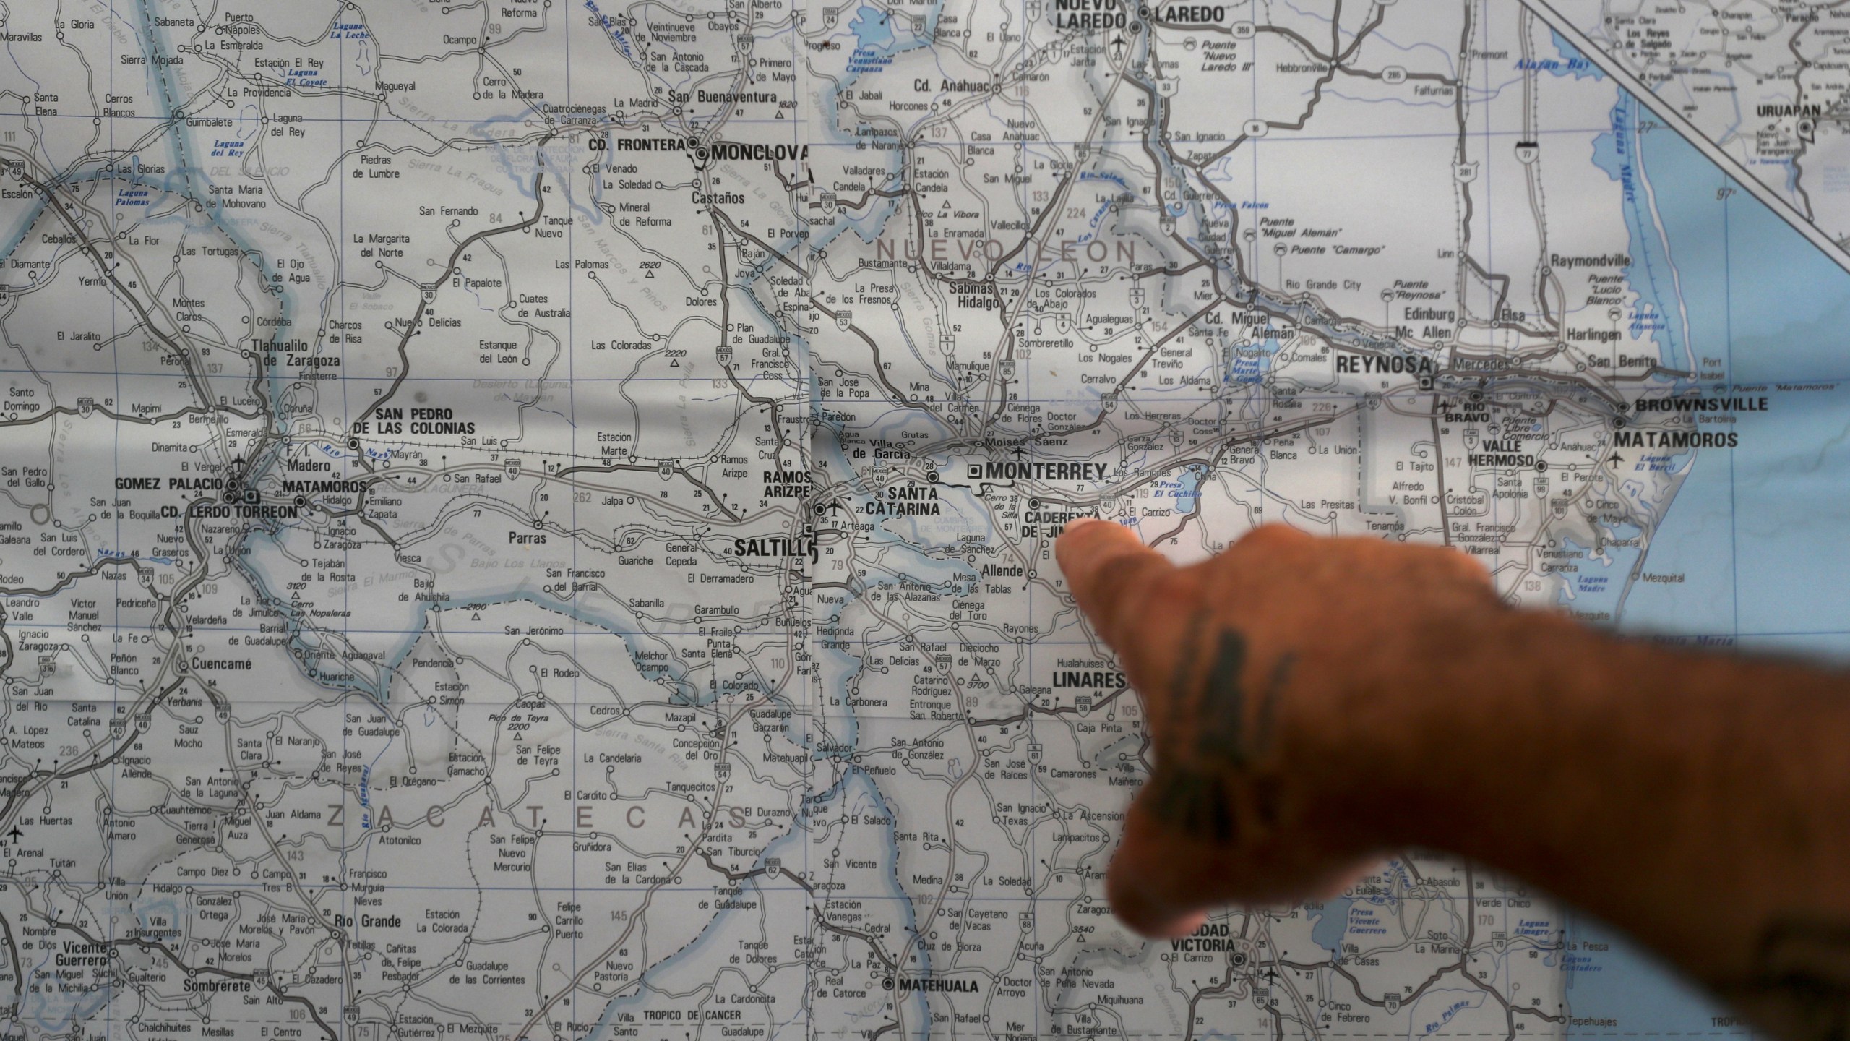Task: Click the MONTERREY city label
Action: [1045, 471]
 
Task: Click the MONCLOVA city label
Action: [759, 152]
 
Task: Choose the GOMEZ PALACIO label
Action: [168, 483]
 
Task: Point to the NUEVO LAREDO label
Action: [1091, 14]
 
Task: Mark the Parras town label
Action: [527, 539]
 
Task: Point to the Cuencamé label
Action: [221, 664]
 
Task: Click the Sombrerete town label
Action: [217, 986]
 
